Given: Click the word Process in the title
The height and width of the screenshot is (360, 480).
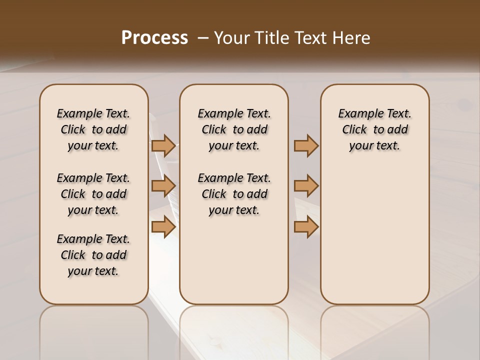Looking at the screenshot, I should click(x=154, y=38).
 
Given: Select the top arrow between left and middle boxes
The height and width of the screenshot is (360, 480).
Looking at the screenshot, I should click(x=163, y=146).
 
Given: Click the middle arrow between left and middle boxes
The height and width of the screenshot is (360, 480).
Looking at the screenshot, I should click(x=163, y=186).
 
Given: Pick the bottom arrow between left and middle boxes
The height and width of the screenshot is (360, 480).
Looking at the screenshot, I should click(x=163, y=227).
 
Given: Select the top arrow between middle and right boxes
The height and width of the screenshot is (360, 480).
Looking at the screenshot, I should click(x=306, y=146).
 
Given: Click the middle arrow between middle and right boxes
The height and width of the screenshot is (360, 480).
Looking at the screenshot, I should click(x=306, y=186).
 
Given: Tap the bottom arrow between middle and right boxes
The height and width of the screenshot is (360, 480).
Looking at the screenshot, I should click(x=306, y=227).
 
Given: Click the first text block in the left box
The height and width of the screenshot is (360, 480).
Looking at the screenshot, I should click(x=93, y=129).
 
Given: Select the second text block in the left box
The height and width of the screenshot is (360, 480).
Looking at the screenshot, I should click(x=93, y=194).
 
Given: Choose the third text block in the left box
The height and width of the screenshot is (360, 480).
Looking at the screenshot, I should click(x=93, y=255).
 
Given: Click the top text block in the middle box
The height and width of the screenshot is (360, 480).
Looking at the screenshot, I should click(x=234, y=129).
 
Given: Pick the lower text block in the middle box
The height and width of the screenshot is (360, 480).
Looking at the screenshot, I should click(x=234, y=194).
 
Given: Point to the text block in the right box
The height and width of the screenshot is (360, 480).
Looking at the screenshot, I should click(x=374, y=129).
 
